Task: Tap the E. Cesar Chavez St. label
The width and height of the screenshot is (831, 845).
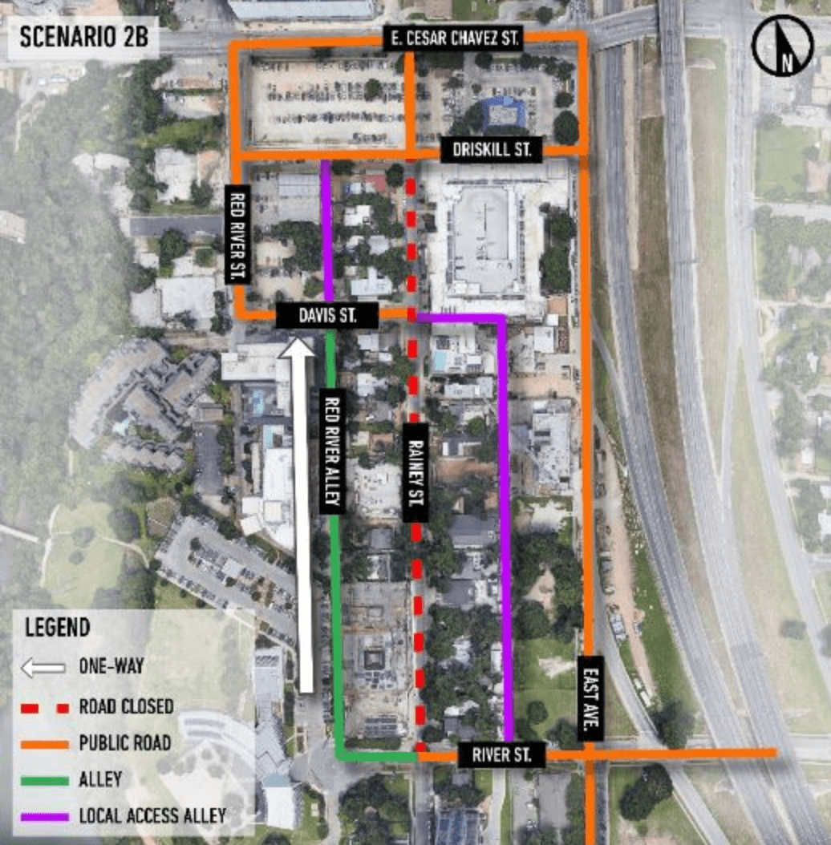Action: click(x=453, y=37)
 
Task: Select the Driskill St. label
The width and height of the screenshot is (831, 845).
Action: click(x=492, y=149)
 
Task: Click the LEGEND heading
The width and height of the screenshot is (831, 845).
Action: click(x=58, y=627)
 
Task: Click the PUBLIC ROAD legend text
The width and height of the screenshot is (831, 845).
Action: click(x=124, y=743)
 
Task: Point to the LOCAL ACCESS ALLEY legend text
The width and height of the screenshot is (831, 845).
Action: click(x=152, y=816)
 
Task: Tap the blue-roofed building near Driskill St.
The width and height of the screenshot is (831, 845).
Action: click(x=504, y=113)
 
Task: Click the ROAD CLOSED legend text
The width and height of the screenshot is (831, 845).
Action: click(x=126, y=707)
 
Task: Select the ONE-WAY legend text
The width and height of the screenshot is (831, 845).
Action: click(x=113, y=666)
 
